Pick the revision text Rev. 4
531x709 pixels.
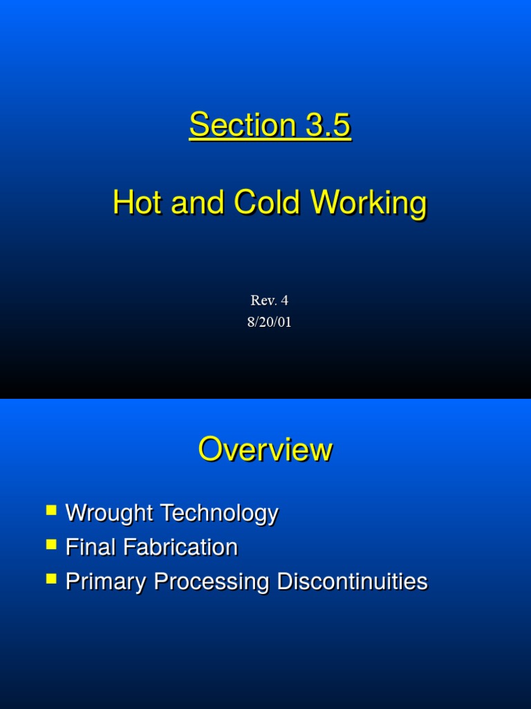click(x=269, y=300)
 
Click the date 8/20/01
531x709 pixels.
click(x=269, y=322)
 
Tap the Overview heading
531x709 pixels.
click(x=265, y=450)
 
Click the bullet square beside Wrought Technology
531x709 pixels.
click(x=51, y=511)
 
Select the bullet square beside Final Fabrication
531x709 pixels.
click(x=51, y=545)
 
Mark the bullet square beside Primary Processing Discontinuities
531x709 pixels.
click(x=51, y=579)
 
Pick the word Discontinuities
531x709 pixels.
click(x=352, y=582)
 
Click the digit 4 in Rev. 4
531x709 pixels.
click(x=283, y=300)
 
